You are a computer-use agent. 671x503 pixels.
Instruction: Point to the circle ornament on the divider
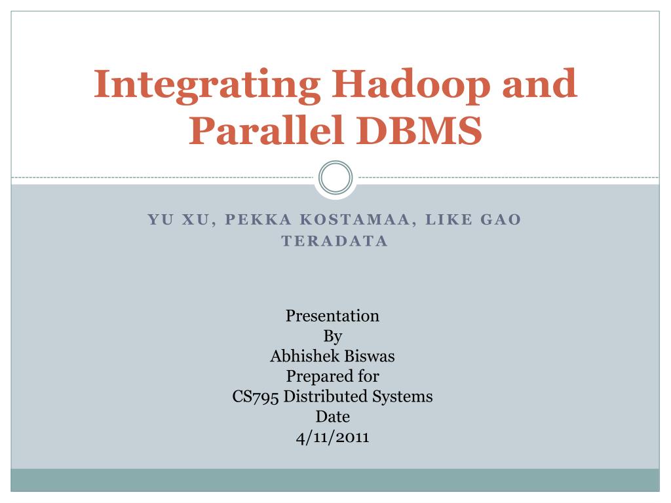coord(335,177)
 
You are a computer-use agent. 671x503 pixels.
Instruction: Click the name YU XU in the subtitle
coord(177,220)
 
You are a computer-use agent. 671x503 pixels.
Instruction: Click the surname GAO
coord(501,220)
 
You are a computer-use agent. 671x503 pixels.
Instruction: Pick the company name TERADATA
coord(335,241)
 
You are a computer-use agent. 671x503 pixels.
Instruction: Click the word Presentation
coord(332,316)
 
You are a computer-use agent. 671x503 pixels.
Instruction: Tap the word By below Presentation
coord(333,337)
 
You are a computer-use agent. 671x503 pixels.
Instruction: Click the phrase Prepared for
coord(332,377)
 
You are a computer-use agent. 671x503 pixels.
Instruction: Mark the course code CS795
coord(256,397)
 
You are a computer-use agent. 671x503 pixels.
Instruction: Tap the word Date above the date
coord(332,417)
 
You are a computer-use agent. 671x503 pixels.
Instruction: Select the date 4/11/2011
coord(332,437)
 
